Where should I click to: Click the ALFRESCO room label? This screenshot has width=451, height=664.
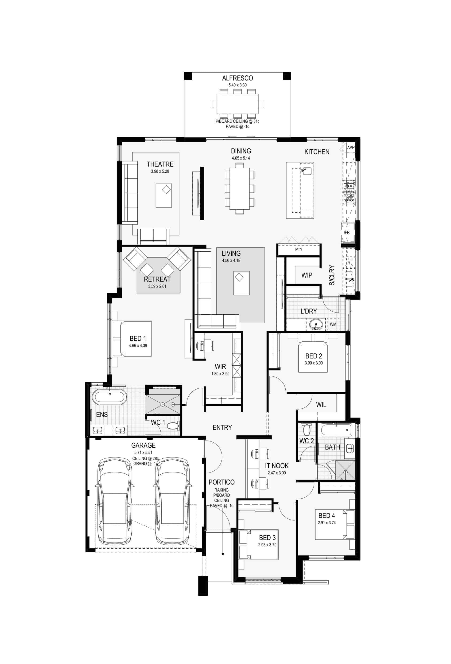[x=237, y=78]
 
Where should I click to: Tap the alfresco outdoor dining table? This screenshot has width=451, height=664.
[x=237, y=104]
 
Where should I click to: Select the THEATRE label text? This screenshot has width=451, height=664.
[x=160, y=164]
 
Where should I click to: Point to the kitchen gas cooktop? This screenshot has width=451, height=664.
[x=349, y=192]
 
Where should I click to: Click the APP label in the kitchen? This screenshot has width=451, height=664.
[x=350, y=147]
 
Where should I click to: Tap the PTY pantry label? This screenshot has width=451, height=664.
[x=299, y=250]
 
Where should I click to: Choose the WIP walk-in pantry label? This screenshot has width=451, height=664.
[x=307, y=275]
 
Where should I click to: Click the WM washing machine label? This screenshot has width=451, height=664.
[x=333, y=324]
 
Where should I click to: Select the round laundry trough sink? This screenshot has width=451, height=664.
[x=316, y=324]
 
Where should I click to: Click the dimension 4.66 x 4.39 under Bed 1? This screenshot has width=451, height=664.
[x=138, y=345]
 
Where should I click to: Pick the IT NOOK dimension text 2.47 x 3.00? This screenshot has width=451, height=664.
[x=276, y=473]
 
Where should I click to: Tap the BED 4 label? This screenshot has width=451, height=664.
[x=327, y=516]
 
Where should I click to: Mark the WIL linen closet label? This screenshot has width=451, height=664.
[x=321, y=405]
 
